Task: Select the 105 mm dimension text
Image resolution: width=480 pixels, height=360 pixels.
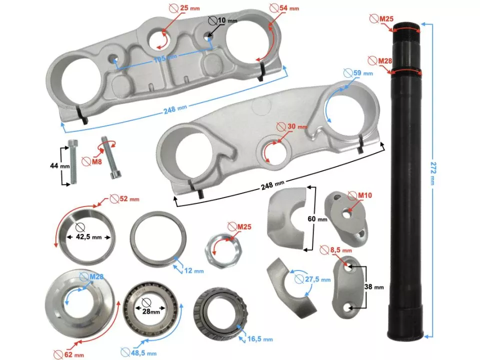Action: pyautogui.click(x=165, y=59)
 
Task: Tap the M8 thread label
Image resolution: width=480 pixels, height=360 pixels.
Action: pyautogui.click(x=92, y=161)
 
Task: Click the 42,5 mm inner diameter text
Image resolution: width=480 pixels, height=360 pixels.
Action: pyautogui.click(x=90, y=237)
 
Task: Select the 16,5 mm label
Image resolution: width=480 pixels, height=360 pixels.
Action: pyautogui.click(x=260, y=339)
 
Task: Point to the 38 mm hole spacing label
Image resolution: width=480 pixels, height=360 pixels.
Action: pyautogui.click(x=375, y=287)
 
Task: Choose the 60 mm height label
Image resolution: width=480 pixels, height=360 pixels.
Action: pyautogui.click(x=318, y=219)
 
